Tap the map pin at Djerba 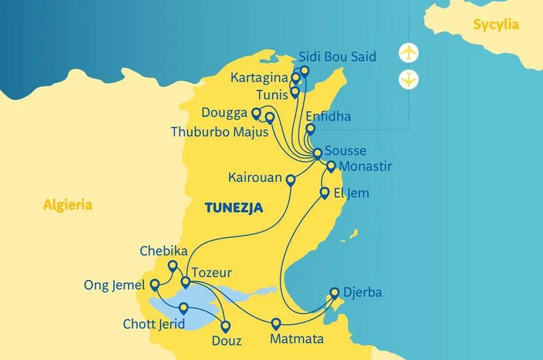(x=334, y=293)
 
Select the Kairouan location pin (x=291, y=180)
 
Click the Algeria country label (x=67, y=204)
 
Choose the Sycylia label (x=497, y=25)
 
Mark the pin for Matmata (x=276, y=323)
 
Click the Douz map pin (x=225, y=325)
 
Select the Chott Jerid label (x=154, y=325)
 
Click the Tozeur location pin (x=185, y=282)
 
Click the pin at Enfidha (x=310, y=128)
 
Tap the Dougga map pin (x=256, y=113)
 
